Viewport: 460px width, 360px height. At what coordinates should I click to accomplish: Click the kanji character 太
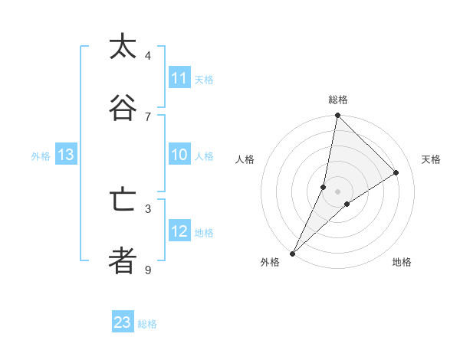pos(123,47)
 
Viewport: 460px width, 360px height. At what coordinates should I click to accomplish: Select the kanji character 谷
pos(123,108)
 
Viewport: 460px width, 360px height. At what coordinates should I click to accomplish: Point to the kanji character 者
pos(123,260)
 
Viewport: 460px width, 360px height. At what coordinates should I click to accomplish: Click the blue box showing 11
pos(179,78)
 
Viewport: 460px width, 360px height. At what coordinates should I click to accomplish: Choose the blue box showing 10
pos(179,155)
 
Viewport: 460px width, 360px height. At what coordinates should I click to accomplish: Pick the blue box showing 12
pos(179,231)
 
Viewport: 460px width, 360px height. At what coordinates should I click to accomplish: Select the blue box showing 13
pos(65,155)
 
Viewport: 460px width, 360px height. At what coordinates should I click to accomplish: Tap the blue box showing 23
pos(123,322)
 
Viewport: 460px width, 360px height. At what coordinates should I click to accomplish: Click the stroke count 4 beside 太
pos(148,56)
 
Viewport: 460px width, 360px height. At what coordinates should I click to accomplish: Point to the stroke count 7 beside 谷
pos(148,116)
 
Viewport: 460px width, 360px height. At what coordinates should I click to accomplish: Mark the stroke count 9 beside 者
pos(148,270)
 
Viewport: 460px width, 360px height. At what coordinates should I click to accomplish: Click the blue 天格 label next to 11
pos(204,79)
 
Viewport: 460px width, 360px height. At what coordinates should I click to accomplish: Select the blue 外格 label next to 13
pos(41,155)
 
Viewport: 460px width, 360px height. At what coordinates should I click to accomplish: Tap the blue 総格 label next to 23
pos(147,323)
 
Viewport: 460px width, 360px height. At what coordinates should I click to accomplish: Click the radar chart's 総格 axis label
pos(337,100)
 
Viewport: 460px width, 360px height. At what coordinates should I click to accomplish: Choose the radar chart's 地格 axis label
pos(402,262)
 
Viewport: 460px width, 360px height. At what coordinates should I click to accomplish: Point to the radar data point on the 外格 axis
pos(293,253)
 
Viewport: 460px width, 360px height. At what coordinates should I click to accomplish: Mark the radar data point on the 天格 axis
pos(396,172)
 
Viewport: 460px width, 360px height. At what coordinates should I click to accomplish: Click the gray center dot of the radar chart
pos(337,191)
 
